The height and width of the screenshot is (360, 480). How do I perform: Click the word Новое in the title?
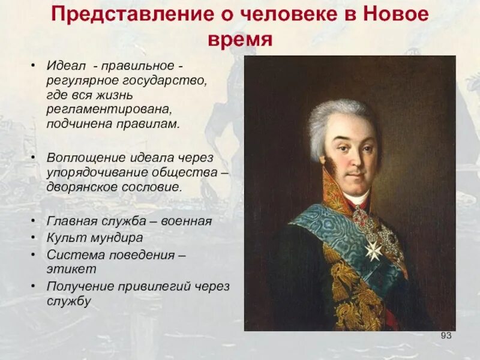pyautogui.click(x=396, y=14)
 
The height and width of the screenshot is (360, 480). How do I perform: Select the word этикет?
pyautogui.click(x=65, y=269)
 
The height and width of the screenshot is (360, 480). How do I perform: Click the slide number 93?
pyautogui.click(x=445, y=335)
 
